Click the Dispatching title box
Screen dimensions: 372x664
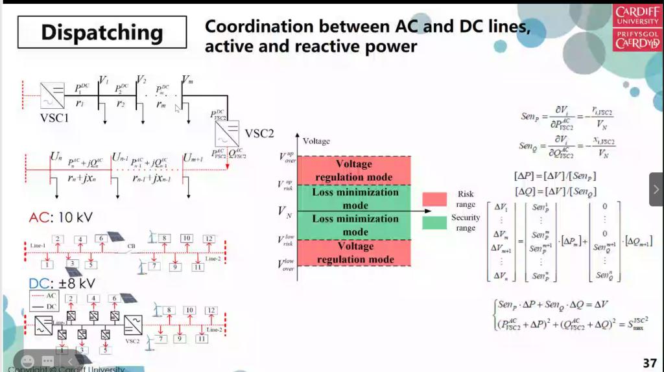click(102, 32)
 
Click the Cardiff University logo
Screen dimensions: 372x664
click(637, 27)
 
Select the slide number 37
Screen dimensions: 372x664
click(649, 362)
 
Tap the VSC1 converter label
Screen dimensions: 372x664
click(54, 119)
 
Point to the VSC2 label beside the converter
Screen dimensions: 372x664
click(259, 134)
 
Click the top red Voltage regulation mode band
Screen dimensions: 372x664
click(354, 170)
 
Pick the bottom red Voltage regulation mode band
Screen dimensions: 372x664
click(354, 253)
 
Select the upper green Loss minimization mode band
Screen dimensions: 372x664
click(354, 198)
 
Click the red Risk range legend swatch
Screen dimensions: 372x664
click(434, 199)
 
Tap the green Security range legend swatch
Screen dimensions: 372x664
click(434, 222)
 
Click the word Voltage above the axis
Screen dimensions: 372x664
click(316, 141)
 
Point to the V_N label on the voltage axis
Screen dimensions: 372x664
click(285, 211)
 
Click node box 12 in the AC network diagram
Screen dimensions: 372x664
click(208, 238)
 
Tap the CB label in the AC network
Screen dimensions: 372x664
click(131, 246)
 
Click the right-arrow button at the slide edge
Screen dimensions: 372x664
click(656, 189)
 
